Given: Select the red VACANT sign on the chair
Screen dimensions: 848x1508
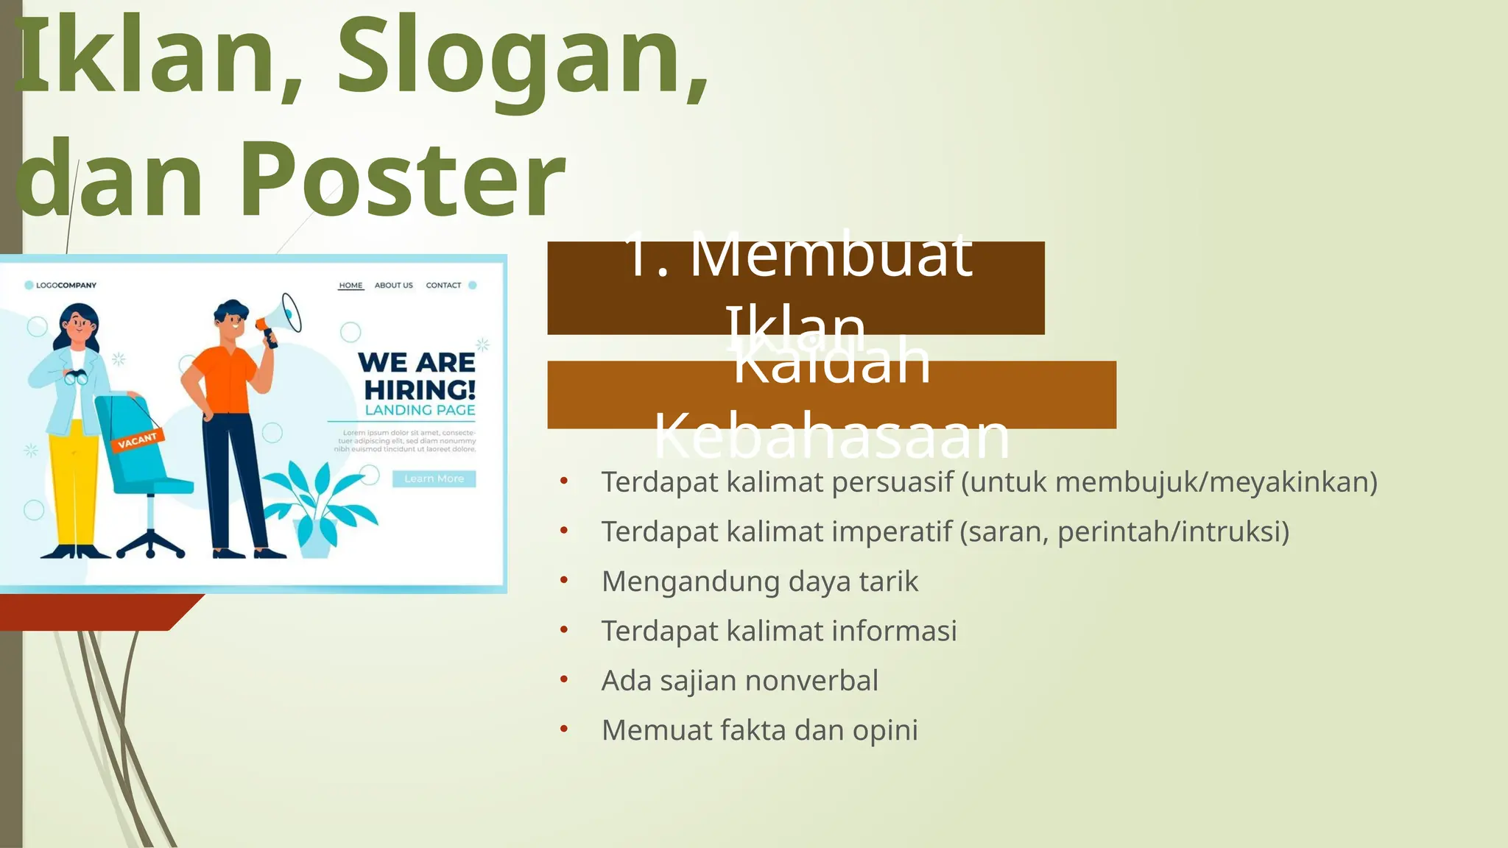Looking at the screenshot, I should (138, 440).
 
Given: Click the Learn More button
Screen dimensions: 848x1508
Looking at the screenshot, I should (434, 478).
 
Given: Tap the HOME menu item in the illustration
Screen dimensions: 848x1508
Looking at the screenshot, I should (350, 286).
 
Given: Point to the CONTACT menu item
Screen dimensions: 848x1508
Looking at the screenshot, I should (443, 286).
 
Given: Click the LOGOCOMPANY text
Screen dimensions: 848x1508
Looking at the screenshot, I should (66, 286).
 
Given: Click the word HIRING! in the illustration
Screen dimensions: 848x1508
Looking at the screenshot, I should (420, 389).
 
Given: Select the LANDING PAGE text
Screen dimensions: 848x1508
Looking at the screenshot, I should (420, 410).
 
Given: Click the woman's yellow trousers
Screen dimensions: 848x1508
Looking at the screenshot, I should (74, 486).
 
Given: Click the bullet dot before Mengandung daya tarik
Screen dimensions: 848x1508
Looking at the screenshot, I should (564, 580).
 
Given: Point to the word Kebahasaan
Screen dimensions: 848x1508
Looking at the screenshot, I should (831, 436).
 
